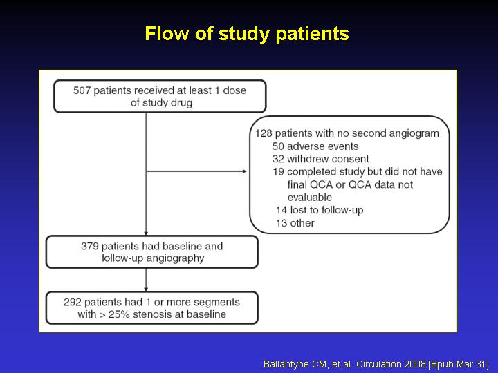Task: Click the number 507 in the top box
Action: [x=82, y=90]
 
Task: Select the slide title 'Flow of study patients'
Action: [x=247, y=34]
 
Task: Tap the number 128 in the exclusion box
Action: [x=264, y=133]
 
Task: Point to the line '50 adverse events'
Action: [x=315, y=146]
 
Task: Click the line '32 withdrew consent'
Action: [x=321, y=159]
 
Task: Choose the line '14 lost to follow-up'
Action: [x=320, y=210]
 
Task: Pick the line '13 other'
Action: [x=295, y=223]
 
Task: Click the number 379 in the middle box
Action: [x=89, y=246]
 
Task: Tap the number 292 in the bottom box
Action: [x=73, y=302]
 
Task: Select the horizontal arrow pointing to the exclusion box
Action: [x=197, y=171]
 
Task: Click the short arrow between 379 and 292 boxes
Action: [x=146, y=280]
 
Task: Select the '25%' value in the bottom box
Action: [x=120, y=314]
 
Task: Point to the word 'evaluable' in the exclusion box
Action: [x=310, y=198]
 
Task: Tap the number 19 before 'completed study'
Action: [x=278, y=171]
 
